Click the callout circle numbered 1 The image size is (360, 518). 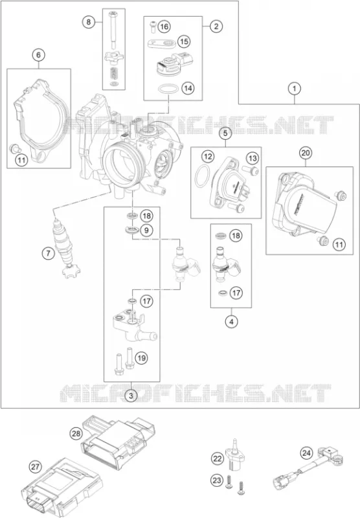point(294,89)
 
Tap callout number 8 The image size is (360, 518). point(89,22)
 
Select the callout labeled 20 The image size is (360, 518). point(306,153)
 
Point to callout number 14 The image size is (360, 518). point(188,88)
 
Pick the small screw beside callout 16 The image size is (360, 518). point(153,27)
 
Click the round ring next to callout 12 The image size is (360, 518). point(202,175)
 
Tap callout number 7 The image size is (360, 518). point(49,253)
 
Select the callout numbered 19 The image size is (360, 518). point(141,358)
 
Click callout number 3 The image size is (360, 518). point(131,395)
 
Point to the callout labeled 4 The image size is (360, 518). point(232,321)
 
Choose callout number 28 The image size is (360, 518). point(76,433)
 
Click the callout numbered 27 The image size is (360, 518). point(35,467)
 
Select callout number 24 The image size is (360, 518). point(306,453)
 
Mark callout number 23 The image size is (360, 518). point(217,480)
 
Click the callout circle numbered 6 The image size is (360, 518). point(39,55)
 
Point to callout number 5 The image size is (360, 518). point(225,133)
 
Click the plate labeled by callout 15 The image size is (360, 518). point(161,43)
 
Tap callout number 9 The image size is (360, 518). point(146,230)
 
